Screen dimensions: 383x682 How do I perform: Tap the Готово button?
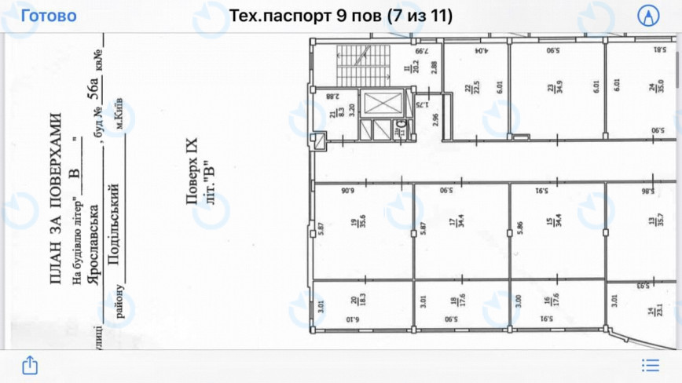pos(49,16)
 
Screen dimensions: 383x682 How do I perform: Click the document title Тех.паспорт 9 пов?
pos(339,16)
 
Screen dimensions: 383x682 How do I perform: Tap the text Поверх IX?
pos(193,172)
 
